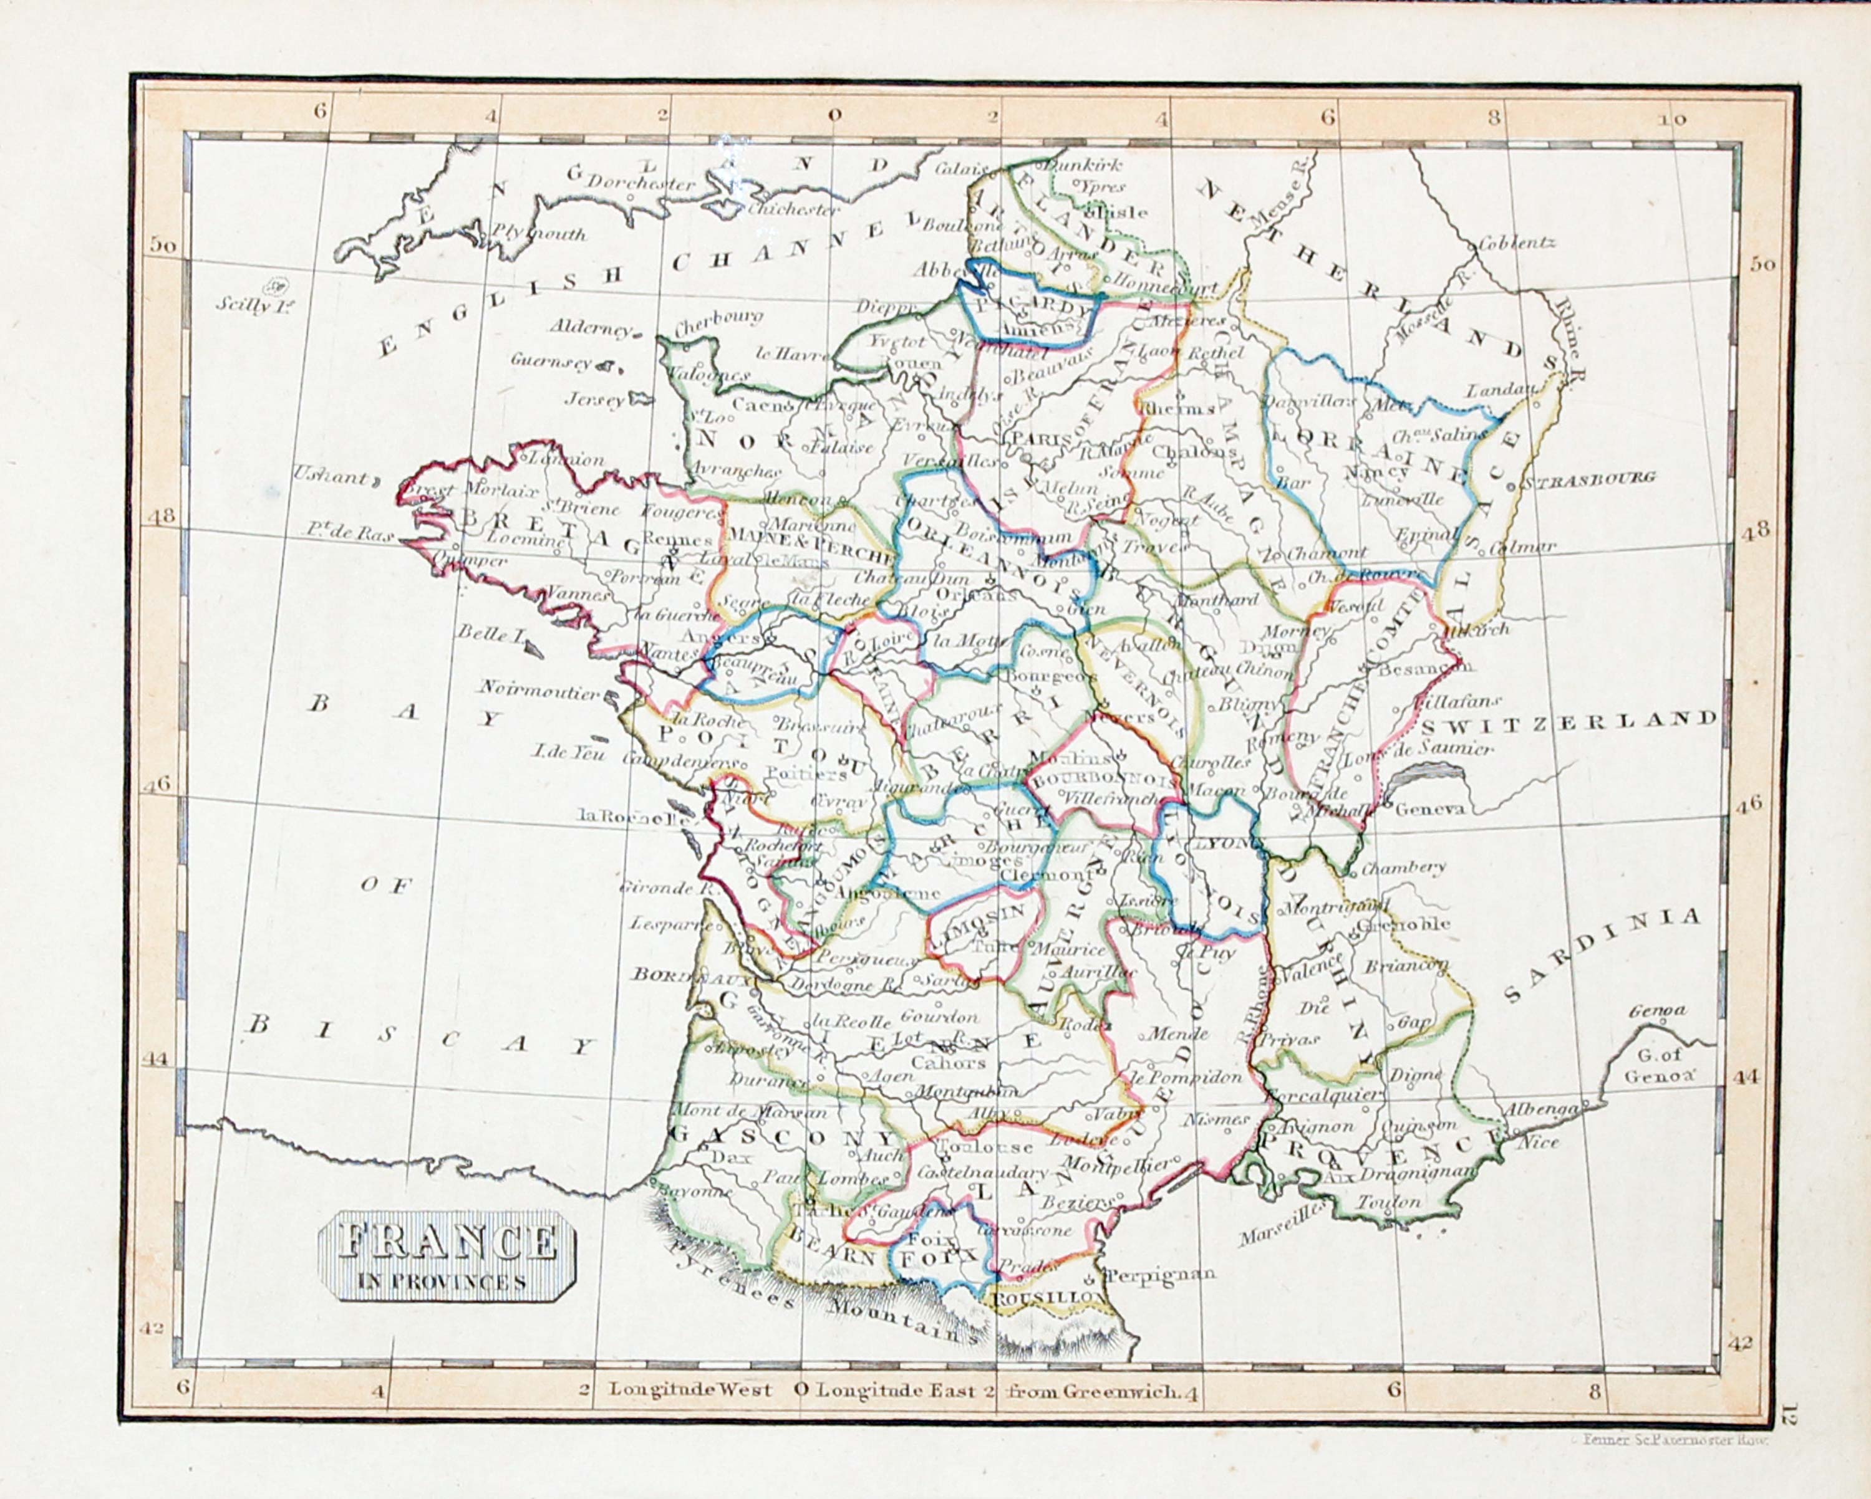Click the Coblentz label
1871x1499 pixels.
coord(1518,242)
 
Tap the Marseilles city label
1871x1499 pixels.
coord(1279,1230)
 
